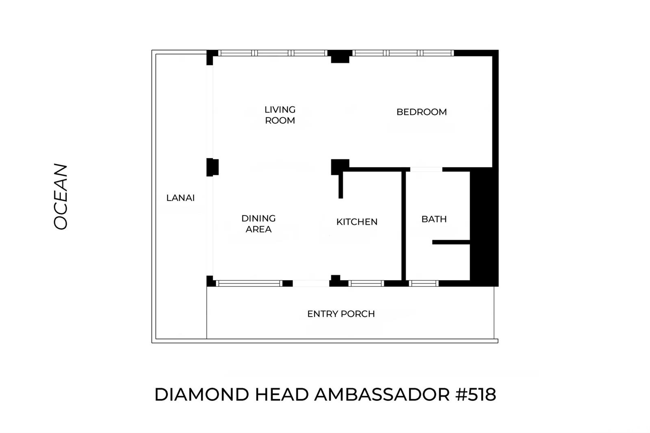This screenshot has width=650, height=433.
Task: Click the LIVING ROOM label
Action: [x=280, y=115]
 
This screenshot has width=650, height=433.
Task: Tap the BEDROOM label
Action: [x=421, y=112]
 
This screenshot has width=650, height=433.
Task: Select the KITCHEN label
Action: [x=357, y=222]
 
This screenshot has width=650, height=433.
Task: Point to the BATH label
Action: [x=434, y=219]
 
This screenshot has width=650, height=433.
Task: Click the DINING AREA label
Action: [x=258, y=224]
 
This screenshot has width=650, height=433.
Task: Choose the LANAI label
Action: [x=180, y=198]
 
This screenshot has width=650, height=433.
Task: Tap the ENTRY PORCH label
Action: [x=341, y=314]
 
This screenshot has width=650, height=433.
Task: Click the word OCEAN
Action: [x=61, y=197]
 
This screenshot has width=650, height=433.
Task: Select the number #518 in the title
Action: [x=476, y=395]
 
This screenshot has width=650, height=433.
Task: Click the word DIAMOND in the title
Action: [x=202, y=395]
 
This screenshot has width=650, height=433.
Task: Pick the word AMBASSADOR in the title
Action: [x=382, y=395]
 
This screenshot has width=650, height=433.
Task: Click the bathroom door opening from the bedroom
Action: [x=426, y=169]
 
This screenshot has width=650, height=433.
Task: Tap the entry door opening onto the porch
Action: [x=311, y=284]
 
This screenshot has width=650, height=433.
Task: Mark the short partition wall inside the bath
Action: [x=451, y=242]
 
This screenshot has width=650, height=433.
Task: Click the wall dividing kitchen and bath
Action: [x=403, y=225]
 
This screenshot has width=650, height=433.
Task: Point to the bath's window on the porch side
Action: [x=423, y=284]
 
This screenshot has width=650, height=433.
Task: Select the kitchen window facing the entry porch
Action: [x=366, y=284]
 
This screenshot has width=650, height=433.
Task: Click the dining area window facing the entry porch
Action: [x=249, y=284]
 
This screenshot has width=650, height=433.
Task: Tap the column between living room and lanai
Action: [x=212, y=167]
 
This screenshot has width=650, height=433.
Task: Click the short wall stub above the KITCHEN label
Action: [x=340, y=185]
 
